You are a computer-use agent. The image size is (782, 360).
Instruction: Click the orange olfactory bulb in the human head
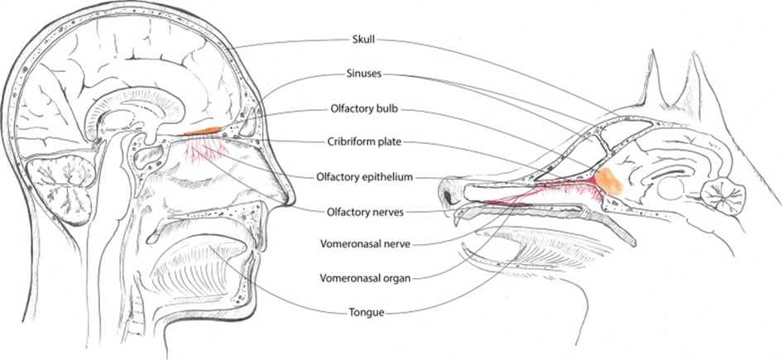point(202,132)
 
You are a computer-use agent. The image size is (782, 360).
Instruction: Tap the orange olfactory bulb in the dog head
point(612,180)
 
